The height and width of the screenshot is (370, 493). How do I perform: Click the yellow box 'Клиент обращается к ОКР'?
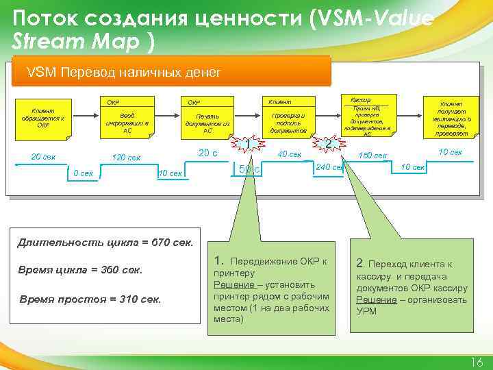coord(42,119)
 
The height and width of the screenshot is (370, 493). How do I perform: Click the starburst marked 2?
coord(329,144)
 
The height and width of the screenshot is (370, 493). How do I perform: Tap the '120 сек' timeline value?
coord(125,159)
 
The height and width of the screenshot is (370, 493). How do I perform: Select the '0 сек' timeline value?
coord(83,173)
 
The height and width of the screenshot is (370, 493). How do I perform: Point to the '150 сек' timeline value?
coord(372,156)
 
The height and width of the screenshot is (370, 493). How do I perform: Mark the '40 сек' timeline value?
coord(289,154)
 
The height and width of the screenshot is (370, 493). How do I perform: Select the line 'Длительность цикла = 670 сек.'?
coord(105,241)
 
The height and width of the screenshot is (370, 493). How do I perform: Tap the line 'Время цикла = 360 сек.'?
coord(81,270)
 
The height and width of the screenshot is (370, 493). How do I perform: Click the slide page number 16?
coord(477,362)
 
